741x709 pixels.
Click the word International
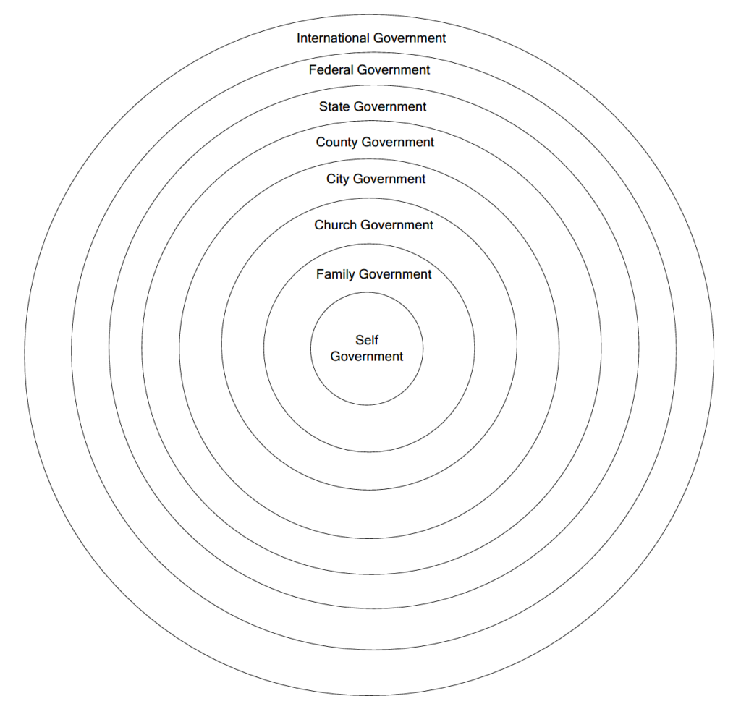pos(332,38)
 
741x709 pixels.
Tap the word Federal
pos(331,70)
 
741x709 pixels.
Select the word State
pos(334,106)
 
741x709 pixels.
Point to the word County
pos(336,143)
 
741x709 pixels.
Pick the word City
pos(337,179)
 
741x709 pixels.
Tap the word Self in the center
pos(367,340)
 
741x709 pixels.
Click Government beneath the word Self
pos(367,356)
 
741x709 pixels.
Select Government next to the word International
pos(409,38)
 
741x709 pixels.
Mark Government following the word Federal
pos(393,70)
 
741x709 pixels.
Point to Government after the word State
pos(390,106)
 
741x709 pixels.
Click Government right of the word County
pos(398,143)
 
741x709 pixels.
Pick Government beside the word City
pos(389,179)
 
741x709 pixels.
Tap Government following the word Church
pos(397,225)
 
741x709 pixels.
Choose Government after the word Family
pos(395,274)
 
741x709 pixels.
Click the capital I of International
pos(299,38)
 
